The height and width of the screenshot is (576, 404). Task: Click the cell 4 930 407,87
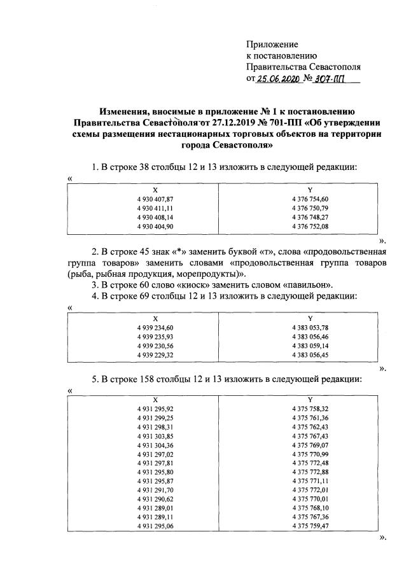pyautogui.click(x=155, y=199)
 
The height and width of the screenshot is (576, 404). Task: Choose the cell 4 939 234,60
pyautogui.click(x=155, y=327)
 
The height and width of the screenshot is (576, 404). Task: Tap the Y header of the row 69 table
pyautogui.click(x=309, y=318)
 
